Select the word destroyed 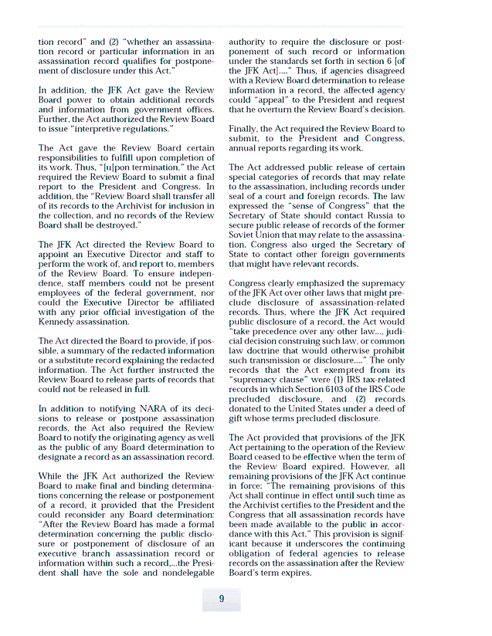(117, 225)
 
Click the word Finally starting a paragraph (246, 129)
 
